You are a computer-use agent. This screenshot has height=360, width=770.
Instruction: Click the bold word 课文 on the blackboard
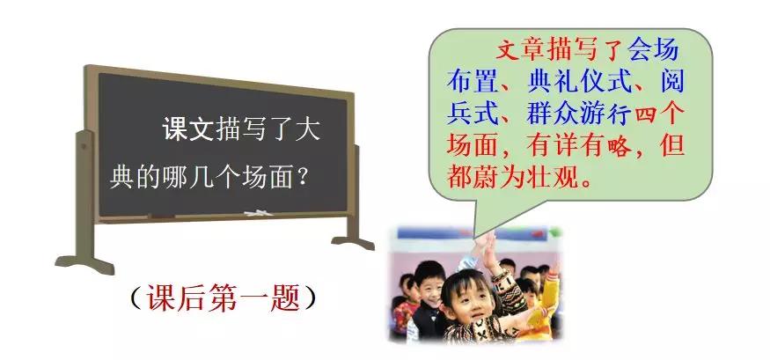(187, 130)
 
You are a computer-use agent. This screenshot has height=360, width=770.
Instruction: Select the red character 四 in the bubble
(646, 114)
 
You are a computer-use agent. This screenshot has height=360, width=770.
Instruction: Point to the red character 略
(620, 145)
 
